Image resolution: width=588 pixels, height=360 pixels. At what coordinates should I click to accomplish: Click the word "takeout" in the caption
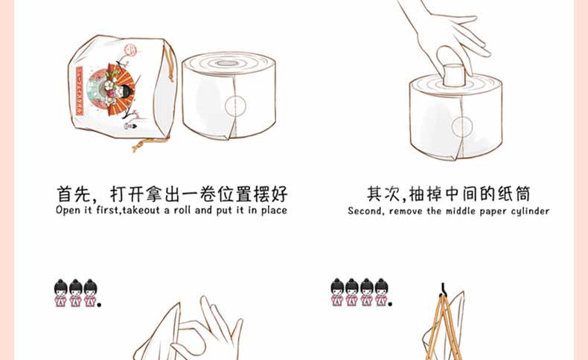[x=141, y=210]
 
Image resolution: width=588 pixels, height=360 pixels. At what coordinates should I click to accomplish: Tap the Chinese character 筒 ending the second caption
[x=523, y=194]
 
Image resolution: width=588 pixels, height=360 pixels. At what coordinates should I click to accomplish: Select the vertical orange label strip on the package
[x=80, y=91]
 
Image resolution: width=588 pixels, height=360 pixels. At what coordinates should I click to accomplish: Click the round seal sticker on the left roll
[x=235, y=106]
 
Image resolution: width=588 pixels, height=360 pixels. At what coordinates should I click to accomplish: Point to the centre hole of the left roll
[x=226, y=63]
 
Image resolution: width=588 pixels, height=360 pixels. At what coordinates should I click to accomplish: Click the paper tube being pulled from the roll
[x=454, y=76]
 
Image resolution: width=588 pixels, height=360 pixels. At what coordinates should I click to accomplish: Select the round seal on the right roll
[x=462, y=127]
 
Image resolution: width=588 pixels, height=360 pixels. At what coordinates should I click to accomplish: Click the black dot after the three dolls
[x=99, y=304]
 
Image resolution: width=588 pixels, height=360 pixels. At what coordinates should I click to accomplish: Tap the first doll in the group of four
[x=337, y=292]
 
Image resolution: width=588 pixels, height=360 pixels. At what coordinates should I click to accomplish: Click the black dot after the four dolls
[x=390, y=303]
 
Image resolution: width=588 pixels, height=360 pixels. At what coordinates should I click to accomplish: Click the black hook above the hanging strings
[x=443, y=289]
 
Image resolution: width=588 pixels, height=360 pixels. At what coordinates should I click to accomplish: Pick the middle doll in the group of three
[x=76, y=293]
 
